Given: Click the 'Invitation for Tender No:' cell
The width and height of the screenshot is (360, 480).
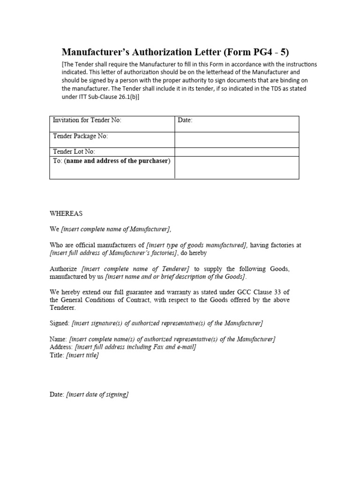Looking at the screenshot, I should click(x=87, y=120).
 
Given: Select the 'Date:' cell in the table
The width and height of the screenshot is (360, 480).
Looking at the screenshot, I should click(x=185, y=120).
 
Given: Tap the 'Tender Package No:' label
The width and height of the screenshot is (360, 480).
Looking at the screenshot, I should click(x=80, y=136).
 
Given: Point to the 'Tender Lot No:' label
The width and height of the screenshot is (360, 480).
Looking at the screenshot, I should click(x=75, y=151).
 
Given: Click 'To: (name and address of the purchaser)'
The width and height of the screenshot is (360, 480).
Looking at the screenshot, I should click(x=112, y=161).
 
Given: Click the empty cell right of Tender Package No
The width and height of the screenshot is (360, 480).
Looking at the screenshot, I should click(x=237, y=140).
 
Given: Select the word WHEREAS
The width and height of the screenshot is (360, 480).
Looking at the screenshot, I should click(x=66, y=213).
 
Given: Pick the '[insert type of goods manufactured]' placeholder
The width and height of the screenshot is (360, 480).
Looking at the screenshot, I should click(x=196, y=245).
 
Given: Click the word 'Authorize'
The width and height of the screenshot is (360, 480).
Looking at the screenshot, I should click(x=64, y=269).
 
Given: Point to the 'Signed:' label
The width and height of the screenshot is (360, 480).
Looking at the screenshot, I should click(x=60, y=323).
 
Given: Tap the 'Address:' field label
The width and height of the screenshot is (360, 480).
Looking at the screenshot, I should click(x=61, y=347).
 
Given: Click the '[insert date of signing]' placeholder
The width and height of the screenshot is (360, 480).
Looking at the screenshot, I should click(x=97, y=395).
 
